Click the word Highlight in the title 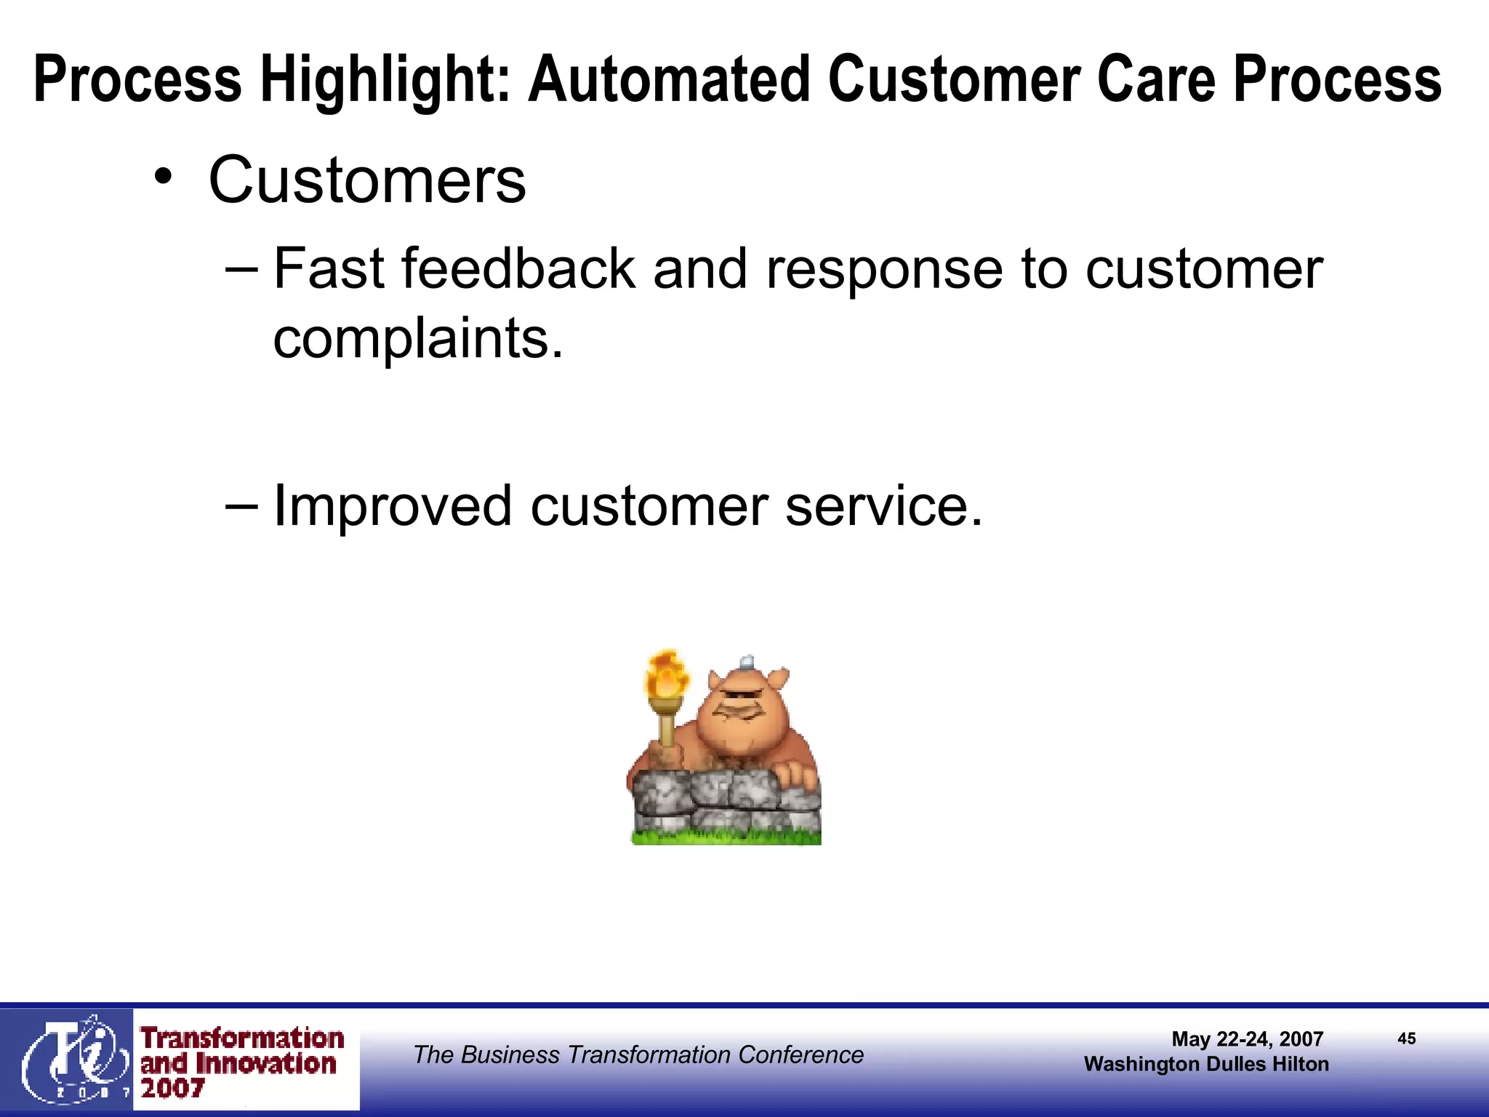click(385, 80)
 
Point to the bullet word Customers click(367, 180)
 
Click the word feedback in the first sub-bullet click(518, 268)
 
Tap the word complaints click(417, 339)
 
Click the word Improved click(391, 506)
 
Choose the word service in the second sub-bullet click(883, 506)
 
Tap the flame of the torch click(667, 675)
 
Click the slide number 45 click(1406, 1038)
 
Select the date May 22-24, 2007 click(1247, 1038)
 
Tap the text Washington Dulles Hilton click(1206, 1064)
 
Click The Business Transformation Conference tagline click(638, 1054)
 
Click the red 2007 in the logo click(172, 1089)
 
